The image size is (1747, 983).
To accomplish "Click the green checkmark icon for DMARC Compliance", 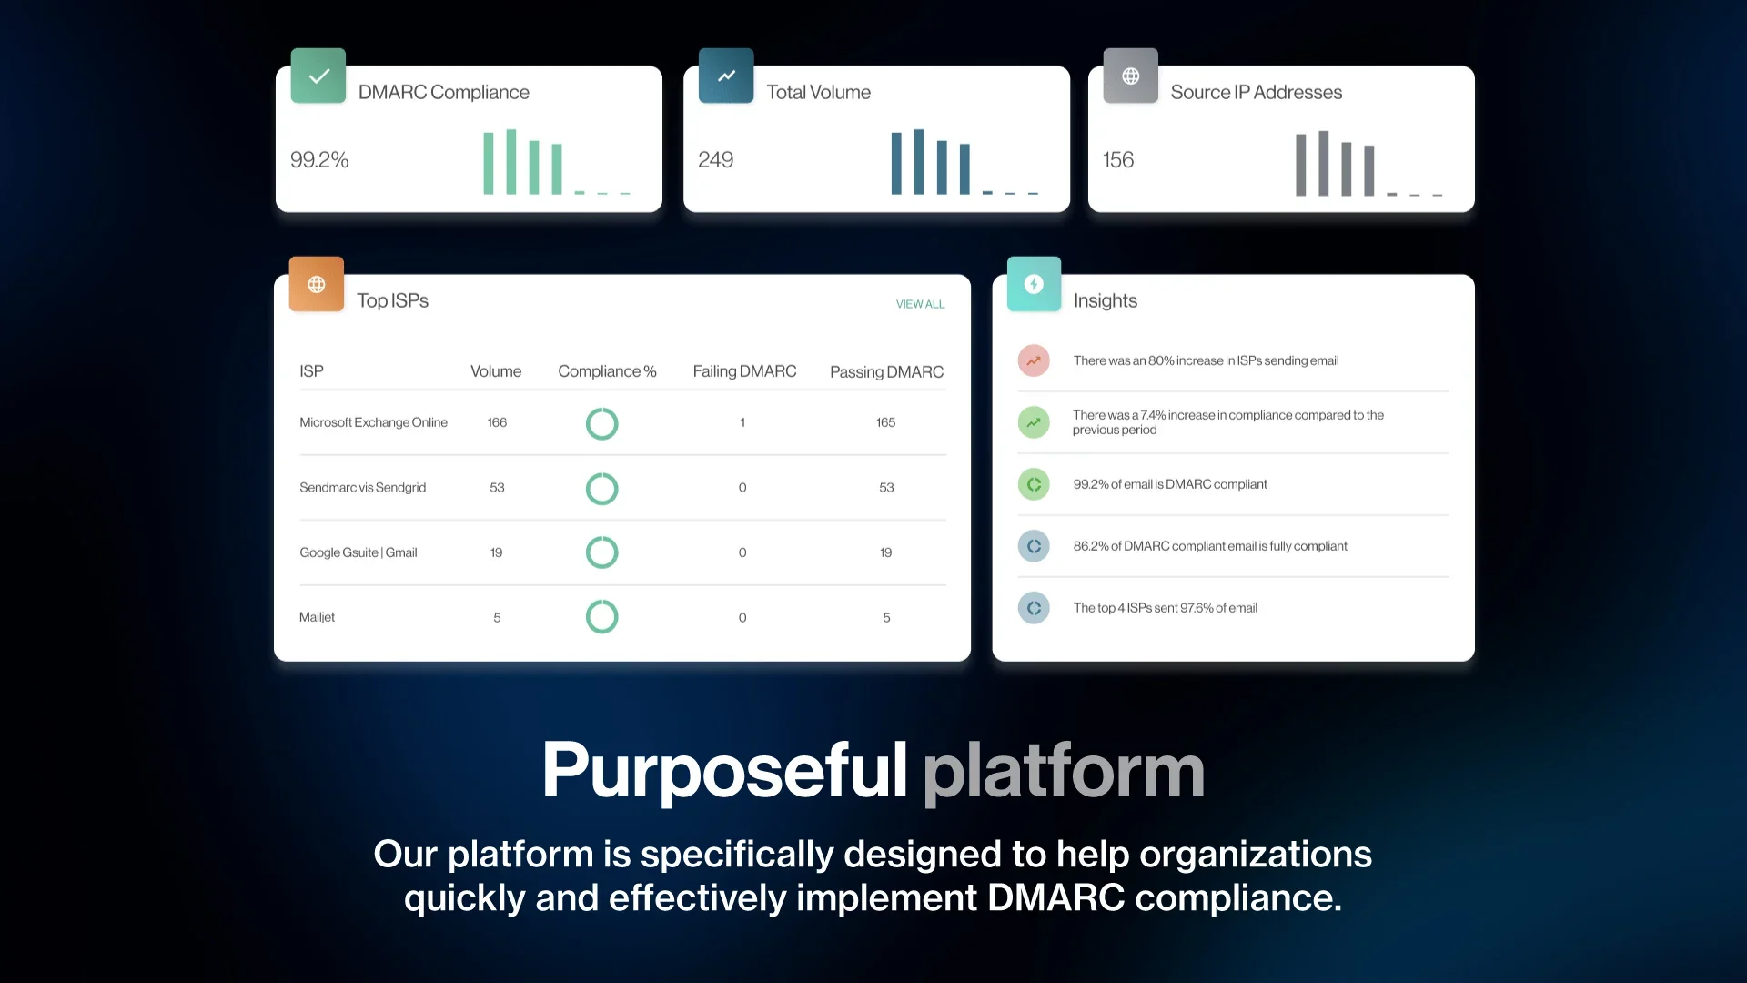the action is [318, 76].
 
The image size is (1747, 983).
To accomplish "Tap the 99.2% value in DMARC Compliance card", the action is [319, 160].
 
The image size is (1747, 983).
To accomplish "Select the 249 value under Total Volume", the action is [715, 160].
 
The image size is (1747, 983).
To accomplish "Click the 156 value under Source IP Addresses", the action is [1118, 160].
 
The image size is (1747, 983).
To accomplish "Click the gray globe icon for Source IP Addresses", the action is [1131, 76].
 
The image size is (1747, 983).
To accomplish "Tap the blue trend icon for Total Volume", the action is [726, 76].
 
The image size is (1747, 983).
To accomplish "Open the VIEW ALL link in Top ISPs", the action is [920, 304].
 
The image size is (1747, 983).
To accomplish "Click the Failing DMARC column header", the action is [744, 371].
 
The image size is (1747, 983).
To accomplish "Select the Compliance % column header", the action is [607, 371].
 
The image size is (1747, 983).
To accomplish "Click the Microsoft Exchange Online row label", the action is [373, 422].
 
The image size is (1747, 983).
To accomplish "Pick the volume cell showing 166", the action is [497, 422].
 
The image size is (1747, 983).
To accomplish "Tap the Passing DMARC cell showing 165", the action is [885, 422].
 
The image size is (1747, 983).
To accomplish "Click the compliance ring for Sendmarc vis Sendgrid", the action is [601, 472].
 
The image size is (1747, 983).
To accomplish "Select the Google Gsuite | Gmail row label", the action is [358, 552].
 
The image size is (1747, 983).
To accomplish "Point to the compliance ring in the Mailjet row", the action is [601, 601].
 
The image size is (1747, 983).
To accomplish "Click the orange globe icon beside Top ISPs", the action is [317, 284].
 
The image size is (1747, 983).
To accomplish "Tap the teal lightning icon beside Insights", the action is [1034, 284].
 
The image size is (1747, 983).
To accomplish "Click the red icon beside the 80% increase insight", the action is [1034, 360].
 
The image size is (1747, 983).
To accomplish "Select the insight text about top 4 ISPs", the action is [1166, 608].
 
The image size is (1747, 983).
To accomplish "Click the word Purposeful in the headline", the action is [725, 770].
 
